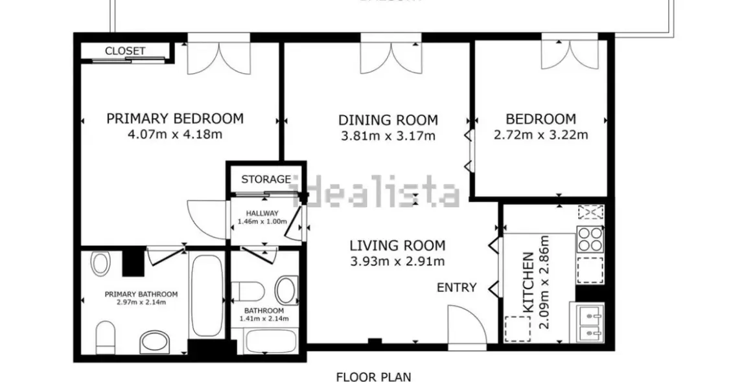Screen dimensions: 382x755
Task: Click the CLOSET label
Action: pyautogui.click(x=125, y=51)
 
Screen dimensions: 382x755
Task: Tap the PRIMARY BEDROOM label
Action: pyautogui.click(x=175, y=118)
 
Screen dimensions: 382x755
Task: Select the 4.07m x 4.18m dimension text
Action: pyautogui.click(x=175, y=135)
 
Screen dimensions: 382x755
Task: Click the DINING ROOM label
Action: pyautogui.click(x=388, y=120)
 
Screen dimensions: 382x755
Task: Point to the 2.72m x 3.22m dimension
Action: pyautogui.click(x=540, y=135)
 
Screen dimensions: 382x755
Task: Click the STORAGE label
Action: pyautogui.click(x=266, y=179)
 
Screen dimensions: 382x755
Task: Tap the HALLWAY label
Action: pyautogui.click(x=262, y=214)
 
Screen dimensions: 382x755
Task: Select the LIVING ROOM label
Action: pyautogui.click(x=397, y=245)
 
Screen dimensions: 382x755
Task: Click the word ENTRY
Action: pyautogui.click(x=456, y=287)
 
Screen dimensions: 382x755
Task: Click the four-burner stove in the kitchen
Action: pyautogui.click(x=590, y=239)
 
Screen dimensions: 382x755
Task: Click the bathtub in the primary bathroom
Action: pyautogui.click(x=206, y=295)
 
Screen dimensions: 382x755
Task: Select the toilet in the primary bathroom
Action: pyautogui.click(x=105, y=337)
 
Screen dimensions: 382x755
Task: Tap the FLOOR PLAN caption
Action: pyautogui.click(x=373, y=377)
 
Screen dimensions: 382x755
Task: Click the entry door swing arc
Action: pyautogui.click(x=465, y=324)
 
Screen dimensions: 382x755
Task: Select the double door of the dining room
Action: pyautogui.click(x=391, y=57)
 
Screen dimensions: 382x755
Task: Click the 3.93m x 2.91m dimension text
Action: pyautogui.click(x=397, y=262)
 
